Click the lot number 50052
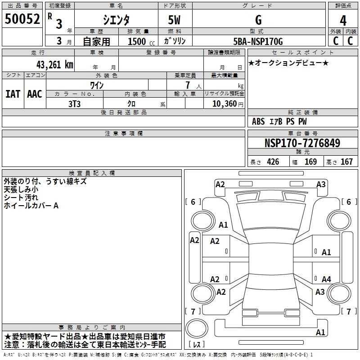tap(22, 19)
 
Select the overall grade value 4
tap(343, 21)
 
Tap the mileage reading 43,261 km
tap(54, 65)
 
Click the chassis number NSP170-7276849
tap(302, 143)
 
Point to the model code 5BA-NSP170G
tap(258, 41)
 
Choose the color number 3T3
tap(74, 104)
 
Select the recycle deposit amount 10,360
tap(224, 104)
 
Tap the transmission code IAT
tap(13, 94)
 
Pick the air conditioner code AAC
tap(35, 94)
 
